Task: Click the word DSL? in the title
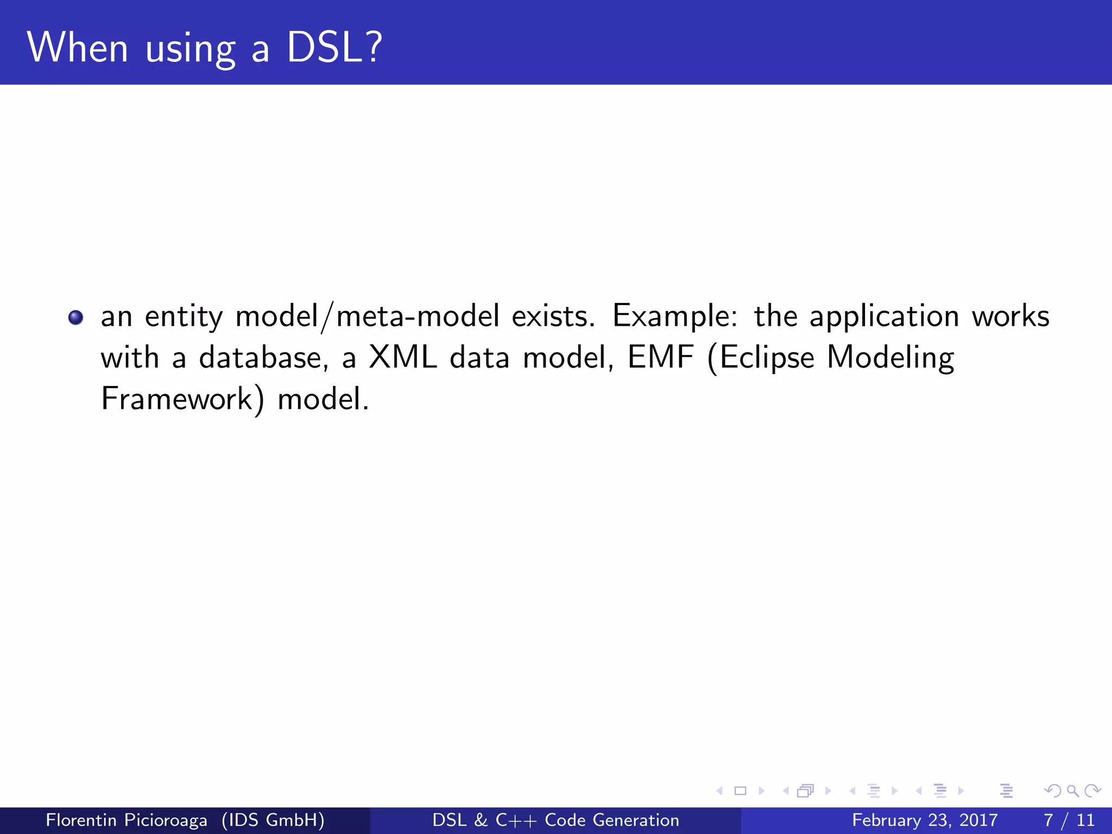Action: point(334,48)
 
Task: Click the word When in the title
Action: point(78,48)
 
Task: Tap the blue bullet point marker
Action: point(75,317)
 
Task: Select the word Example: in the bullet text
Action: point(675,316)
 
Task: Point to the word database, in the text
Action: point(264,358)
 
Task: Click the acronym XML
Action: point(402,357)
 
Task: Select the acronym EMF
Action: point(661,357)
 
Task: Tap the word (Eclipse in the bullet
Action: point(761,358)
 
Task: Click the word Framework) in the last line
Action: point(182,399)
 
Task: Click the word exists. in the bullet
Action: point(553,316)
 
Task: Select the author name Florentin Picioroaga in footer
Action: point(127,820)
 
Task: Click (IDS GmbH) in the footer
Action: point(273,820)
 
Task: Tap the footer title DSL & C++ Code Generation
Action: point(555,820)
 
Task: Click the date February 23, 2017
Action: point(925,820)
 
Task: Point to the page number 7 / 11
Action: point(1069,820)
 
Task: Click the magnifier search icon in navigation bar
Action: point(1072,791)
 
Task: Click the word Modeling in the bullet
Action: point(890,358)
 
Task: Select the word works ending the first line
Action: point(1010,316)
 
